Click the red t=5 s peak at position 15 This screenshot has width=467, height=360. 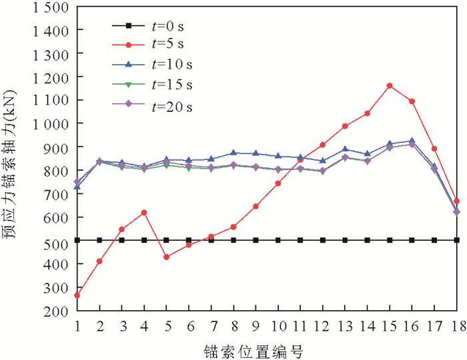coord(390,85)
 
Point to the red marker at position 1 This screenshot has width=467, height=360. coord(77,295)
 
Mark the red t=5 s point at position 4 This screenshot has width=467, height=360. coord(144,212)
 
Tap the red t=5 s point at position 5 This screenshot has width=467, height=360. coord(167,257)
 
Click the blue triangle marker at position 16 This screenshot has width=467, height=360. coord(412,141)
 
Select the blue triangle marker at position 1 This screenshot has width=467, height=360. coord(77,186)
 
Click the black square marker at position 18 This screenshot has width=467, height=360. coord(457,240)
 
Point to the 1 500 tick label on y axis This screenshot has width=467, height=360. coord(48,7)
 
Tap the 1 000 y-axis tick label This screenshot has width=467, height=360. coord(48,124)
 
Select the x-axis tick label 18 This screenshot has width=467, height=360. coord(457,324)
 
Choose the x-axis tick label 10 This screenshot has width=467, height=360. coord(278,324)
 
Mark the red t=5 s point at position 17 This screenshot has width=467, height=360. coord(434,148)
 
